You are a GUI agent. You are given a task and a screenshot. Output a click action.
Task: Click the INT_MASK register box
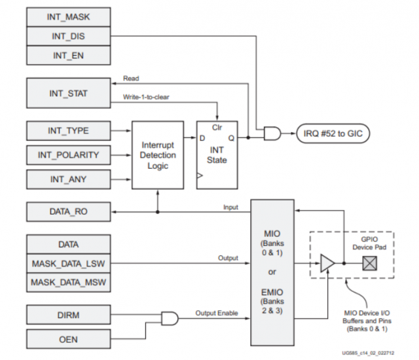(68, 17)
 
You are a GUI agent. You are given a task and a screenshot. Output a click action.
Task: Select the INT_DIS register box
(68, 36)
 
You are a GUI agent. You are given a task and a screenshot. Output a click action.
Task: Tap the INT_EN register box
(68, 56)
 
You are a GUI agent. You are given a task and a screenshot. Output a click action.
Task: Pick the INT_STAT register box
(68, 94)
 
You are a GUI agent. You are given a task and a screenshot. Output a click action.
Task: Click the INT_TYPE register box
(68, 131)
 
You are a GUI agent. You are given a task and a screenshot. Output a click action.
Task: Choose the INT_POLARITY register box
(68, 156)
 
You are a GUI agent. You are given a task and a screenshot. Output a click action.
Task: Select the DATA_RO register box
(68, 212)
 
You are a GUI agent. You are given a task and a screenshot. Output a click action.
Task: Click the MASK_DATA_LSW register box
(68, 263)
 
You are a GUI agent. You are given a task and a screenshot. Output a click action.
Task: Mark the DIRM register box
(68, 315)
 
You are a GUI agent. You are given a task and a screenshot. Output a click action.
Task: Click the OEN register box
(68, 340)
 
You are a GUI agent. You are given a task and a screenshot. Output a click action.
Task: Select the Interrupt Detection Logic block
(158, 155)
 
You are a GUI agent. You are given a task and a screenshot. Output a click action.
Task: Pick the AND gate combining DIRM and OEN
(170, 319)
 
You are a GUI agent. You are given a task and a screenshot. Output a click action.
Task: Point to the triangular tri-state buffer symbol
(325, 263)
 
